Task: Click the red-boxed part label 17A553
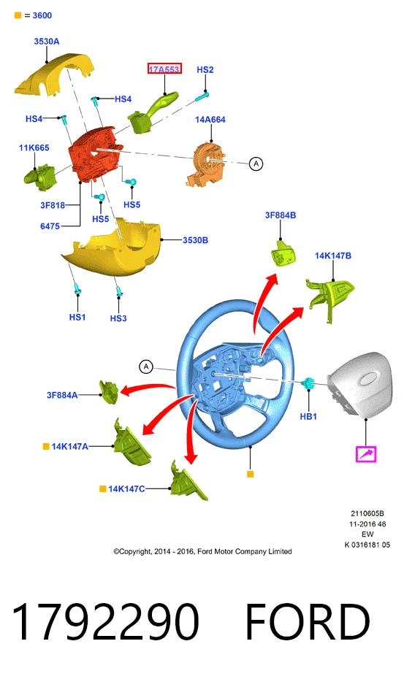click(x=164, y=69)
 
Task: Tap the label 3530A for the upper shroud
click(x=46, y=42)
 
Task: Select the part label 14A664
click(x=210, y=120)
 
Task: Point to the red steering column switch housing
click(x=94, y=155)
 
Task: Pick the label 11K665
click(x=34, y=147)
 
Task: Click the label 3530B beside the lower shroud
click(x=195, y=240)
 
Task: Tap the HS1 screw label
click(x=77, y=318)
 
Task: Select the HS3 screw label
click(x=118, y=318)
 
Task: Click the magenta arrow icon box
click(x=366, y=454)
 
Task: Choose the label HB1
click(x=308, y=417)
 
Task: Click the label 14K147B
click(x=333, y=256)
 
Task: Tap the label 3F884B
click(x=281, y=215)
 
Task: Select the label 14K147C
click(x=126, y=489)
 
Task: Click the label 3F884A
click(x=62, y=395)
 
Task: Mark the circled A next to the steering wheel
click(x=146, y=367)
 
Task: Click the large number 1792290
click(x=105, y=621)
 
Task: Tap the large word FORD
click(x=308, y=621)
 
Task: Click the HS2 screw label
click(x=205, y=69)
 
